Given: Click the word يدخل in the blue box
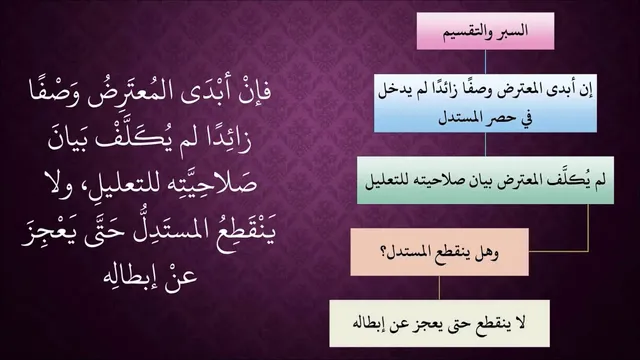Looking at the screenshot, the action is click(391, 92).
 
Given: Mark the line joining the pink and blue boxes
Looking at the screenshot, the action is click(485, 62).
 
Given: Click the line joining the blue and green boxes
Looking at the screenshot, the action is click(485, 144).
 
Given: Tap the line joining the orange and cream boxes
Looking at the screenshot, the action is click(440, 288).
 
